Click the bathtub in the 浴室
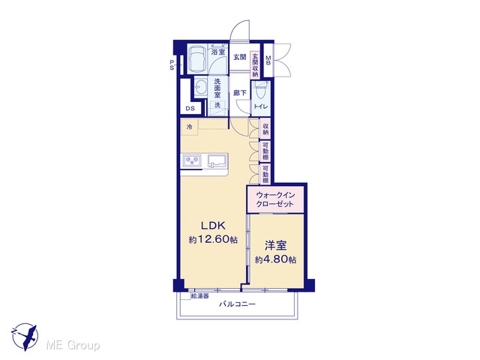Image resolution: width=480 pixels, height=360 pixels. [x=197, y=59]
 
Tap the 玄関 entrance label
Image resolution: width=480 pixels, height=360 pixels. [x=240, y=57]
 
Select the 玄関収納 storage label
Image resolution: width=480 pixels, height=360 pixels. [x=255, y=65]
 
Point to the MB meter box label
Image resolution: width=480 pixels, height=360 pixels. [x=268, y=60]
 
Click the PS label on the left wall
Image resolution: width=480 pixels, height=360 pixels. [x=172, y=65]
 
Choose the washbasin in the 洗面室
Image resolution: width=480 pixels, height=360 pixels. [x=201, y=87]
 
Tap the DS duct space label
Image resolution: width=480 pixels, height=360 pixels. [x=190, y=109]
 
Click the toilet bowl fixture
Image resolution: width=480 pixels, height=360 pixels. [x=261, y=90]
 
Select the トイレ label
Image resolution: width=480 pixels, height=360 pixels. [x=260, y=106]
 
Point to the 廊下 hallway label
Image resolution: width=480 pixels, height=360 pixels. [x=240, y=93]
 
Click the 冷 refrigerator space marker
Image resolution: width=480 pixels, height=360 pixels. [x=190, y=127]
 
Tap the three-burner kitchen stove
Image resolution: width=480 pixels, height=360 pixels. [x=192, y=161]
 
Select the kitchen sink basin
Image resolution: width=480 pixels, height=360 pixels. [x=217, y=161]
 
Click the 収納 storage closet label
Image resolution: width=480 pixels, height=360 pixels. [x=265, y=128]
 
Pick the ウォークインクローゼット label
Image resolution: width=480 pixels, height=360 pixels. [x=275, y=199]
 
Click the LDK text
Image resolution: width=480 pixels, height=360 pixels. [x=213, y=226]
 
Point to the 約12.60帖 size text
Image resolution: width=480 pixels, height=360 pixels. [x=213, y=239]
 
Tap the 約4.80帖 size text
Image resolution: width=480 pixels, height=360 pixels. [x=275, y=260]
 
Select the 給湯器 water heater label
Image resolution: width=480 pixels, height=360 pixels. [x=200, y=296]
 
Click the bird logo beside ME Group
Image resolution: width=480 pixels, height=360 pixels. [x=25, y=337]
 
